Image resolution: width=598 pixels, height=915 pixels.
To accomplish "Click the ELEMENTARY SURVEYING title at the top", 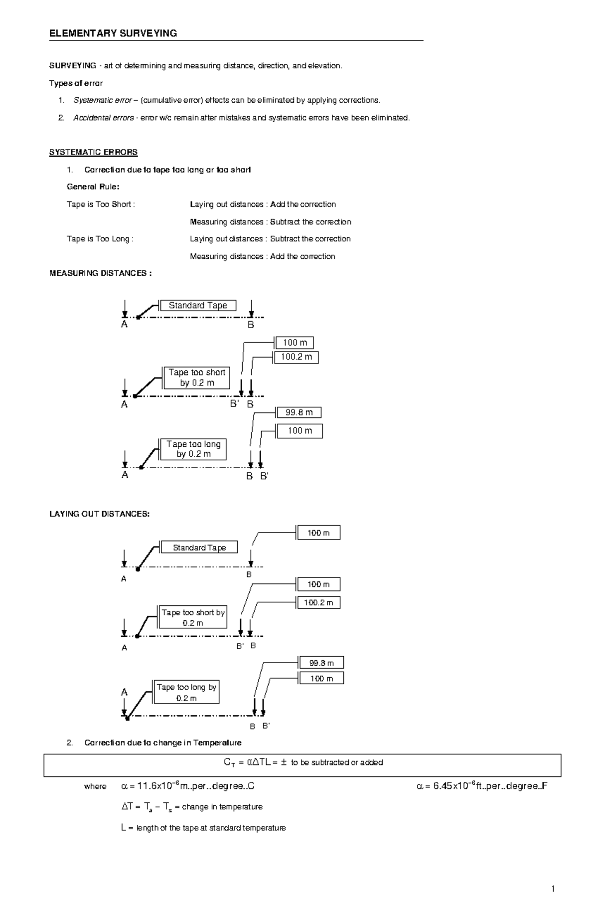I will tap(113, 33).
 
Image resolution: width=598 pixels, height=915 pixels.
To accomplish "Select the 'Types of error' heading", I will tap(76, 83).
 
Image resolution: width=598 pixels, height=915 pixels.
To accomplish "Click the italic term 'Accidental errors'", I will tap(104, 118).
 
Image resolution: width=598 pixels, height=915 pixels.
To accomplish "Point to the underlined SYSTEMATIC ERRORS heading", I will tap(93, 152).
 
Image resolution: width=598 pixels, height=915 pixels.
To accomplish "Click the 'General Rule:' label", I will tap(93, 187).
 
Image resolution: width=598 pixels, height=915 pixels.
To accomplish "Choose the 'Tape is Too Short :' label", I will tap(101, 204).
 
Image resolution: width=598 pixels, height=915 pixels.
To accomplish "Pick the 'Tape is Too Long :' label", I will tap(100, 239).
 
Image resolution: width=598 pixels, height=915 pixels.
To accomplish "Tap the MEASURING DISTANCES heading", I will tap(101, 273).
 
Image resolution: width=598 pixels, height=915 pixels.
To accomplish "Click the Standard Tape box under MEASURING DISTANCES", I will tap(198, 306).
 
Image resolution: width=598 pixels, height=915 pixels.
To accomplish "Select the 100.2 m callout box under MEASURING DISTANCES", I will tap(296, 357).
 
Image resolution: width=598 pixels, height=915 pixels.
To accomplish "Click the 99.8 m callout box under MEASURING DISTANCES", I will tap(299, 412).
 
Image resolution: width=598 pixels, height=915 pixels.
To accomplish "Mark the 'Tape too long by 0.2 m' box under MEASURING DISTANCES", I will tap(193, 449).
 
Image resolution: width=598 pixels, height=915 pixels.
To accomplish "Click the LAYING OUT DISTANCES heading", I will tap(99, 514).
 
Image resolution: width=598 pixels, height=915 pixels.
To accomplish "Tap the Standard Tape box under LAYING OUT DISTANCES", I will tap(199, 548).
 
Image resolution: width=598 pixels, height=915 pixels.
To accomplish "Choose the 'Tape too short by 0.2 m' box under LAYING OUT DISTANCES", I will tap(193, 618).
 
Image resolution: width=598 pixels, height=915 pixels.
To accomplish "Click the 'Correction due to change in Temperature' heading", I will tap(163, 743).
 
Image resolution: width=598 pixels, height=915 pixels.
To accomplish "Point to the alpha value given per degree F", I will tap(482, 786).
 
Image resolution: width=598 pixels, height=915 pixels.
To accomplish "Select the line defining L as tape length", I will tap(204, 828).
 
